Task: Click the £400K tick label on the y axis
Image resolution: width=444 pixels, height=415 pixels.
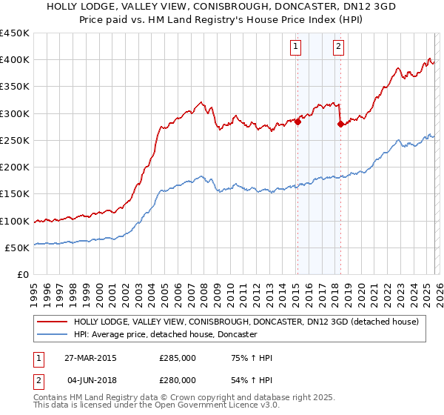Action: pyautogui.click(x=14, y=60)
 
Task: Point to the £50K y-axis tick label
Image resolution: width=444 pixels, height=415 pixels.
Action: pyautogui.click(x=17, y=248)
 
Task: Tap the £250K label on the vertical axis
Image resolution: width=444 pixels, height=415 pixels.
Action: pyautogui.click(x=14, y=140)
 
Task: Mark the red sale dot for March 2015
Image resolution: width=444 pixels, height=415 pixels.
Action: pyautogui.click(x=297, y=122)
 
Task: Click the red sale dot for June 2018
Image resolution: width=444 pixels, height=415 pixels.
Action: pyautogui.click(x=340, y=124)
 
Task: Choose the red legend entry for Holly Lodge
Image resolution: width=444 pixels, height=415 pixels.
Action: pyautogui.click(x=246, y=322)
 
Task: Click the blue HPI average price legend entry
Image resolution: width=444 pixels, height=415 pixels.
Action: pyautogui.click(x=164, y=335)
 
